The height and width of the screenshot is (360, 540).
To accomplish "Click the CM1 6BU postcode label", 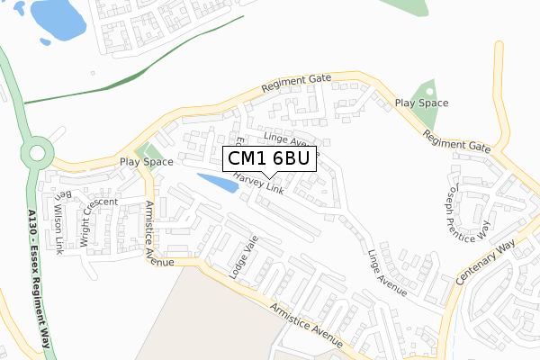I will (x=269, y=159).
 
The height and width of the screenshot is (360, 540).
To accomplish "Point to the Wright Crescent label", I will (x=98, y=216).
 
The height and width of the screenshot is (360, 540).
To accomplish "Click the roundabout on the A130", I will (x=37, y=152).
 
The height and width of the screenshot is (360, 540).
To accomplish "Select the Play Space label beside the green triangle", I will (x=421, y=103).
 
